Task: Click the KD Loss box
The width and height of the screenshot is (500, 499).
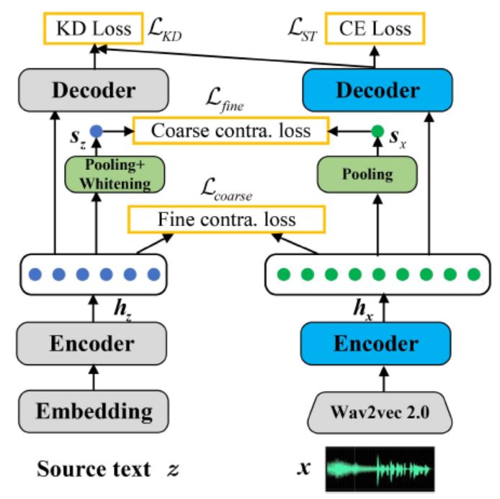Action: click(x=93, y=28)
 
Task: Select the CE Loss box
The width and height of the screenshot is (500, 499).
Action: click(x=375, y=28)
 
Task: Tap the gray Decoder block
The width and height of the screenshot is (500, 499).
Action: click(x=94, y=90)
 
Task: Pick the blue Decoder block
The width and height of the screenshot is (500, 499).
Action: click(x=378, y=90)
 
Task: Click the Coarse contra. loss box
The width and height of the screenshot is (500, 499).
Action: click(x=231, y=130)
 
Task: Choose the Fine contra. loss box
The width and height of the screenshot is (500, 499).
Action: click(x=227, y=220)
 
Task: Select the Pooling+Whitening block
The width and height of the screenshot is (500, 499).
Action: click(x=115, y=175)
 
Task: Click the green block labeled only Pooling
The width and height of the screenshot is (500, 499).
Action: click(x=367, y=175)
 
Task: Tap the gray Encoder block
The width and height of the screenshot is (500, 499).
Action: click(x=91, y=343)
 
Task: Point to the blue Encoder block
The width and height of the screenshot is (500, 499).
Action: click(x=376, y=343)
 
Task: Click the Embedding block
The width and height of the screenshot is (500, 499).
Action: click(x=94, y=411)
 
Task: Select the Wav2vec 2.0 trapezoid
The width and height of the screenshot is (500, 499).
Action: click(x=380, y=413)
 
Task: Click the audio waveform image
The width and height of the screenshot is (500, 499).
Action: click(x=380, y=469)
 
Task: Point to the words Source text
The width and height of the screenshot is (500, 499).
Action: click(x=94, y=469)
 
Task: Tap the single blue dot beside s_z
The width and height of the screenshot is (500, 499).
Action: click(x=97, y=131)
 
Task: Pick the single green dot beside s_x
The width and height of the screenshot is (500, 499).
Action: click(x=378, y=131)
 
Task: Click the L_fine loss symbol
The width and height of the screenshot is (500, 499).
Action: click(x=225, y=99)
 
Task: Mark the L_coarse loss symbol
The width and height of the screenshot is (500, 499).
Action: click(x=226, y=190)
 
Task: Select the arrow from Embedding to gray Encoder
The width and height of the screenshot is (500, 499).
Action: click(x=94, y=377)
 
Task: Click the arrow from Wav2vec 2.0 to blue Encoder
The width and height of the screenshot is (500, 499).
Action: click(x=384, y=379)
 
